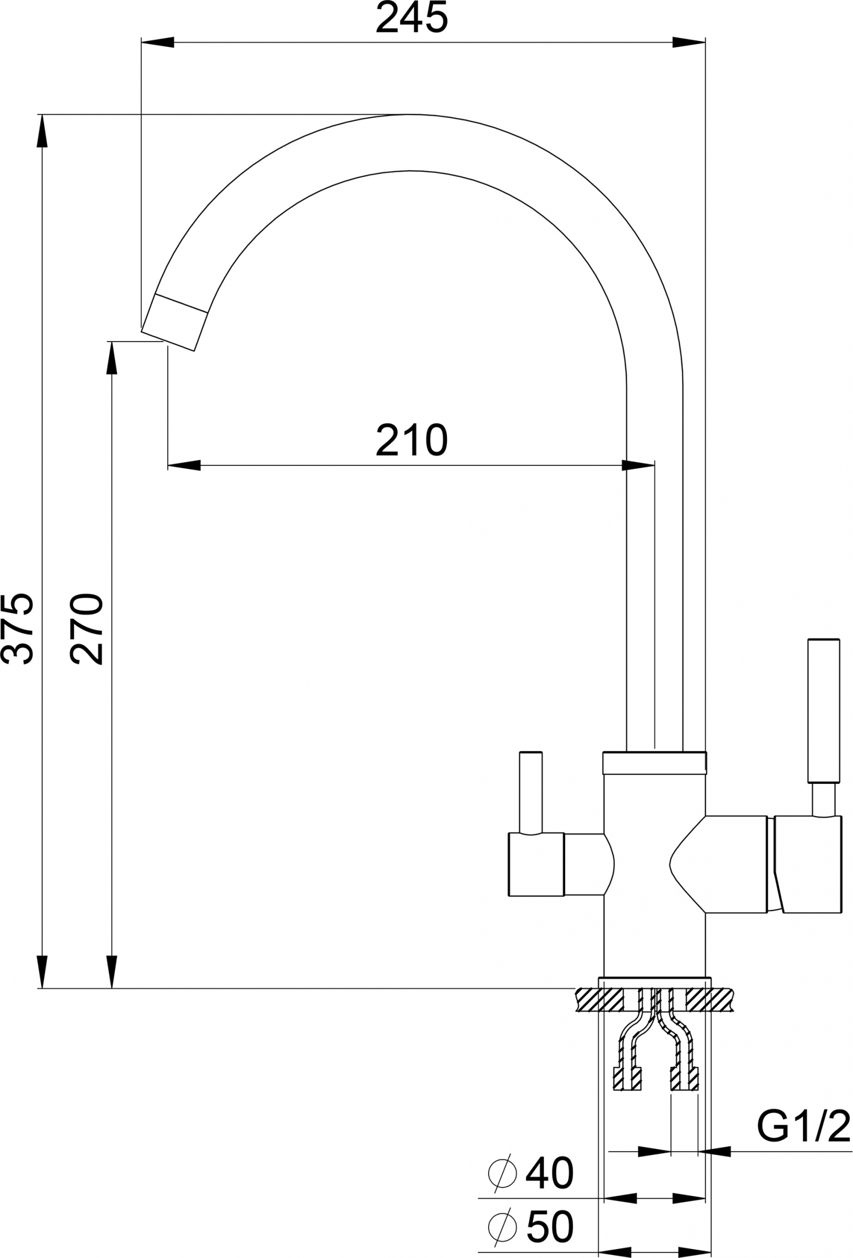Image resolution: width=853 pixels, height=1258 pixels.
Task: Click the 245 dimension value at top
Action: [412, 18]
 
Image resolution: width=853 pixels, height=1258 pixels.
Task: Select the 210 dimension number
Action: [412, 441]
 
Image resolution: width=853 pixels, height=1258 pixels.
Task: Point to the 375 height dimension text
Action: [18, 628]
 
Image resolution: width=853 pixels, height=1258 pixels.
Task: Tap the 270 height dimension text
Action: [87, 628]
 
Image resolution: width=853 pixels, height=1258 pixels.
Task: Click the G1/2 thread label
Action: [804, 1125]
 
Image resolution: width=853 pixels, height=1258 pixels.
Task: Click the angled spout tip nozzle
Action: [174, 322]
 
